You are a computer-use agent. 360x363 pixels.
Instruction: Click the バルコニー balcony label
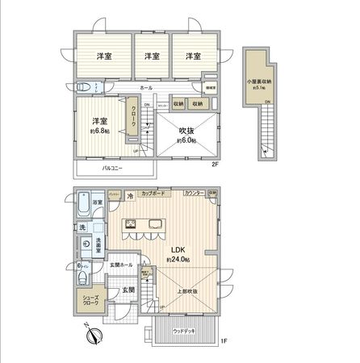point(112,169)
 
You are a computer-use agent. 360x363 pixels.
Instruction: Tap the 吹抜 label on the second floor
point(186,130)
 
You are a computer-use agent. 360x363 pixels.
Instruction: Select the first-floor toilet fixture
point(83,279)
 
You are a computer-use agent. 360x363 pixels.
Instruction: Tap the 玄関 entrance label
point(129,290)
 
